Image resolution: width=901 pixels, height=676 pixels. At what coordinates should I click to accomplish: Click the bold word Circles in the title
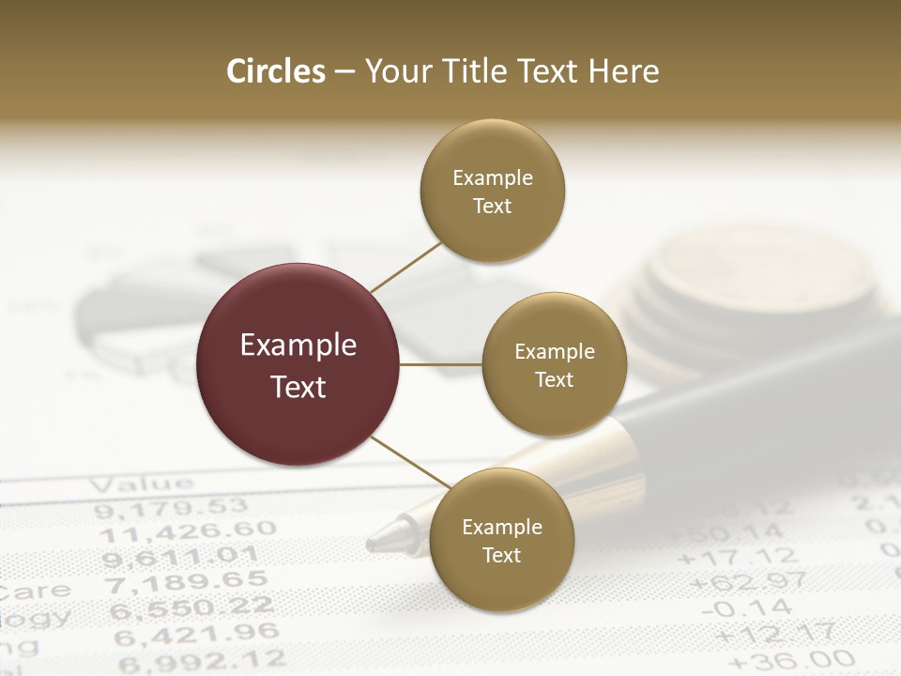tap(275, 71)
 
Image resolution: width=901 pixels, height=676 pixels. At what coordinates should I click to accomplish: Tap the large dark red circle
tap(298, 364)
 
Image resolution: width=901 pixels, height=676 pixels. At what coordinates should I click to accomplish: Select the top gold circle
tap(493, 191)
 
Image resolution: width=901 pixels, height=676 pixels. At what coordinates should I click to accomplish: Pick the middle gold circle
tap(554, 364)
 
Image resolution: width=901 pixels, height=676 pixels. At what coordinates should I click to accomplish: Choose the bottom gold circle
tap(501, 540)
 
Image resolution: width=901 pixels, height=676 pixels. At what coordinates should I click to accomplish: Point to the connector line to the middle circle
tap(441, 363)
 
